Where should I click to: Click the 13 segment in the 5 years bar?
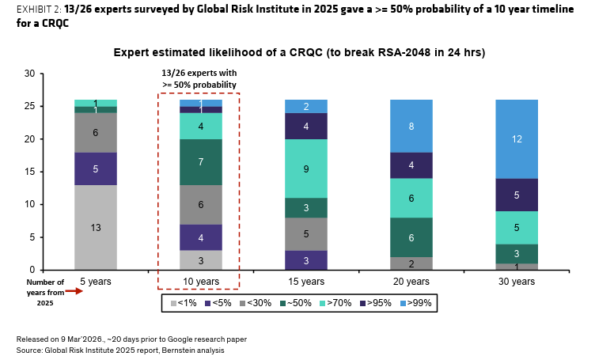click(x=96, y=227)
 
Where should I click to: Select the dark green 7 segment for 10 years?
click(x=200, y=162)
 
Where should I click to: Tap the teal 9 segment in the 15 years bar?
click(x=305, y=168)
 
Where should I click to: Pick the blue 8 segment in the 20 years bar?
click(x=411, y=126)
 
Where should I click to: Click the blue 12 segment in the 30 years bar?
click(x=516, y=138)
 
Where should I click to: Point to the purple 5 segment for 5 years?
click(x=96, y=169)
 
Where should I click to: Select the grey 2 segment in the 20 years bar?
click(x=411, y=263)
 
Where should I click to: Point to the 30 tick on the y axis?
click(x=28, y=74)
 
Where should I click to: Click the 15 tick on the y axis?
click(x=28, y=172)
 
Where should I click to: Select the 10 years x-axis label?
click(x=200, y=281)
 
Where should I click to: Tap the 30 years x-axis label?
click(x=516, y=281)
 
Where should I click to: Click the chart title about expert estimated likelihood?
click(x=299, y=52)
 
